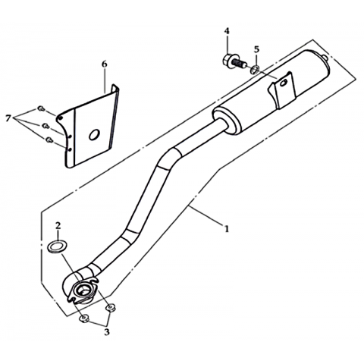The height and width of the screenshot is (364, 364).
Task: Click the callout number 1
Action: click(x=227, y=229)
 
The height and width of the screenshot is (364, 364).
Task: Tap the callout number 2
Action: click(x=58, y=225)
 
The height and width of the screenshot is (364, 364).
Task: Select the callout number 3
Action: click(x=107, y=331)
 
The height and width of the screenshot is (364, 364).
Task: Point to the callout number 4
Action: click(x=227, y=31)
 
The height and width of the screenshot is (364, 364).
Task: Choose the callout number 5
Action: click(x=256, y=49)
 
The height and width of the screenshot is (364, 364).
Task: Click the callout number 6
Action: click(x=104, y=64)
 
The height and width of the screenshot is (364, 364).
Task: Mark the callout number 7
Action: click(x=8, y=118)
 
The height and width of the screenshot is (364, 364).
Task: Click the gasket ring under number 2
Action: click(x=55, y=246)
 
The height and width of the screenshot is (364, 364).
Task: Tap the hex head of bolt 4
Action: click(x=228, y=61)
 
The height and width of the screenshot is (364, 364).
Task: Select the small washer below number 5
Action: click(x=255, y=70)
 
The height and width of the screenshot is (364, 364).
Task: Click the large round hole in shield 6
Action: click(x=94, y=134)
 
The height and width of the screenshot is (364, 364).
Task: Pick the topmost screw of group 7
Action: click(x=41, y=108)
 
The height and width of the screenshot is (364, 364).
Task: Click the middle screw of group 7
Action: click(x=45, y=125)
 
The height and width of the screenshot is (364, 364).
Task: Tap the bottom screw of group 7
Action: click(x=49, y=140)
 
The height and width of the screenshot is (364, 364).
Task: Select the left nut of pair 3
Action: click(x=83, y=318)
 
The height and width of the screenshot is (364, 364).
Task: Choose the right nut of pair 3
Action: click(x=111, y=308)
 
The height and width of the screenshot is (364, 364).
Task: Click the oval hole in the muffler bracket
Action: click(x=284, y=83)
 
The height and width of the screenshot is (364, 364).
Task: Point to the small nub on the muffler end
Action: click(x=325, y=58)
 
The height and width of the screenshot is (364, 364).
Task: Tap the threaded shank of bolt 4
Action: click(x=240, y=63)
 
